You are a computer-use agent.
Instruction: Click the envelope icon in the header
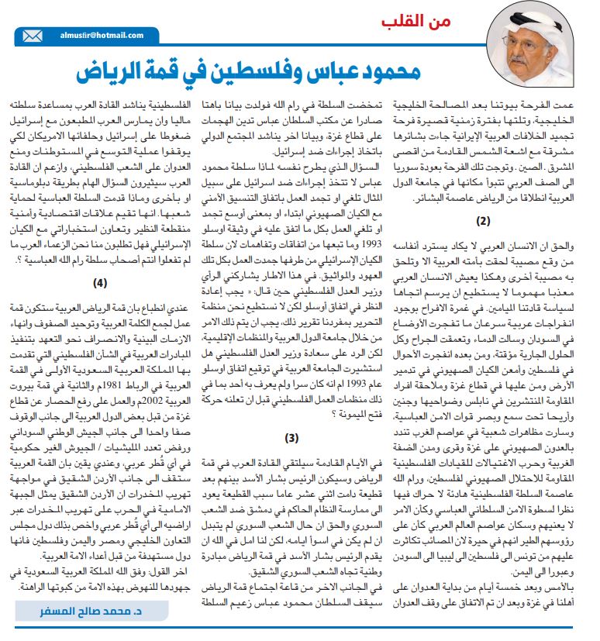coord(33,36)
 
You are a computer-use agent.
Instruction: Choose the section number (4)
coord(99,282)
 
